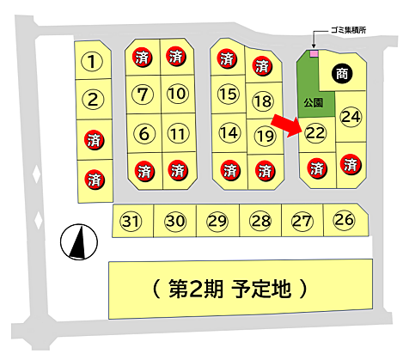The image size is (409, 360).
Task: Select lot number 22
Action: [x=315, y=132]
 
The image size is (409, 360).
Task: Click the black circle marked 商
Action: [x=341, y=73]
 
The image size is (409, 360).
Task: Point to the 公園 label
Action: [x=312, y=102]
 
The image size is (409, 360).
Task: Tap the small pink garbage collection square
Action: [x=314, y=54]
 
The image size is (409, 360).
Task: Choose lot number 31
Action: [x=131, y=222]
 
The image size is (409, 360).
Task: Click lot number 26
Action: [x=344, y=220]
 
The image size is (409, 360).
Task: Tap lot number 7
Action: [x=143, y=94]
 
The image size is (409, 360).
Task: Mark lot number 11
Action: [x=177, y=133]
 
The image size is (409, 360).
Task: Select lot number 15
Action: [x=228, y=94]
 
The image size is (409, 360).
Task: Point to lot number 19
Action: [x=265, y=135]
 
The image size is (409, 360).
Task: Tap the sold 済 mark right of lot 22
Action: [x=350, y=163]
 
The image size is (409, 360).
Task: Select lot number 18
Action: [x=262, y=101]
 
